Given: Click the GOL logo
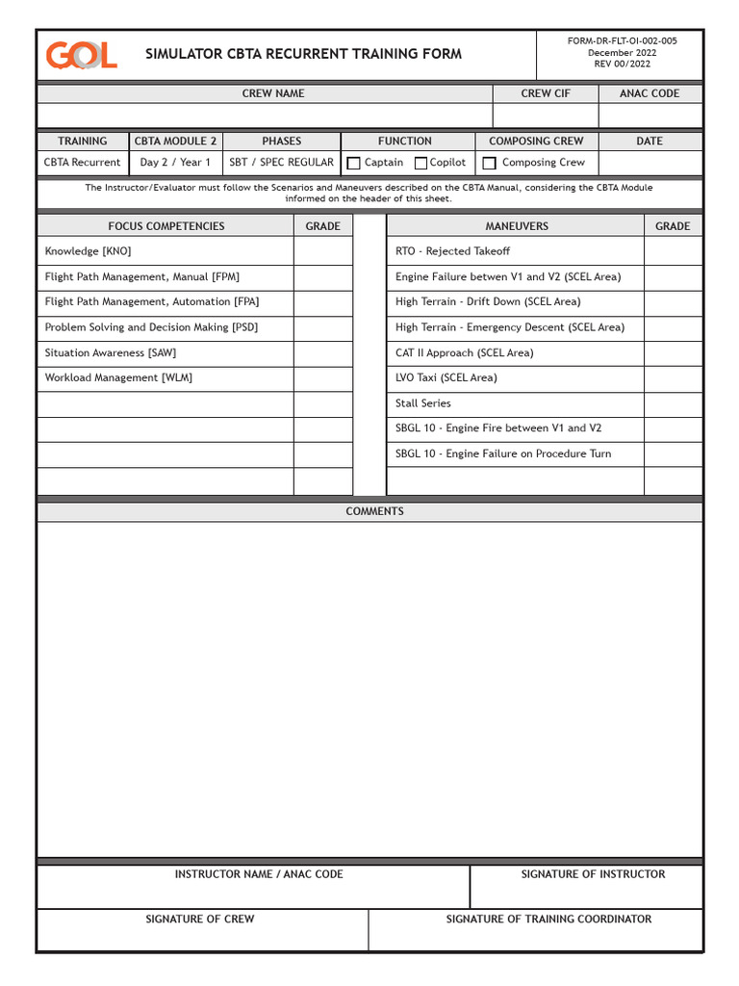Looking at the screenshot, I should (82, 55).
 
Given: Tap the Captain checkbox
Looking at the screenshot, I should (354, 164).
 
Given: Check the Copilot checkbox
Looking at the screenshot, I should (420, 164).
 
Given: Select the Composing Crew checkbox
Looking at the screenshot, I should (490, 164).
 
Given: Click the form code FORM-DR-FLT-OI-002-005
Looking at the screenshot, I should (622, 41).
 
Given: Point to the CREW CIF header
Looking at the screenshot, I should (546, 93).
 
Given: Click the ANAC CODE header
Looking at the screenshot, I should (650, 93).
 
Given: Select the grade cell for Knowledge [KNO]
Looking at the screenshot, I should (322, 251).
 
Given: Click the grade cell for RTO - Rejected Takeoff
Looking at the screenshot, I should (673, 251).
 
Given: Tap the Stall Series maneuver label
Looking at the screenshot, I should (422, 403).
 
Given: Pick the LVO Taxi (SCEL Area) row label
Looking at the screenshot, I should (446, 377).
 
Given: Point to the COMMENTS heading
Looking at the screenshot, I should (374, 511).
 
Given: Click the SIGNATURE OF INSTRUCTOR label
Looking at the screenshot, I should (593, 874).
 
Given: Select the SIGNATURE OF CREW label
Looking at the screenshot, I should (200, 920).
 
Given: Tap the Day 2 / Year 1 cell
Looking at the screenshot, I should (175, 163).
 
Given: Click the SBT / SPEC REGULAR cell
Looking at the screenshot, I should (281, 163).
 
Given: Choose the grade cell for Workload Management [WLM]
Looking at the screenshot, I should (322, 378).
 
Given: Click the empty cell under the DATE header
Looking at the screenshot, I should (650, 163).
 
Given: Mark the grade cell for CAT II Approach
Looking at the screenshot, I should (673, 353).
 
